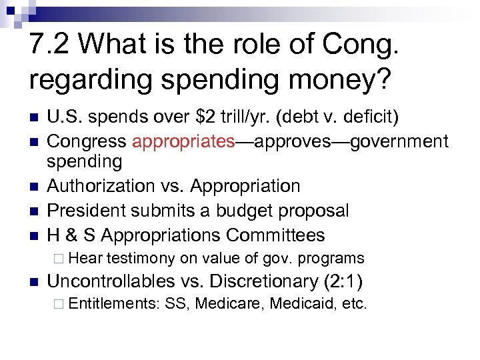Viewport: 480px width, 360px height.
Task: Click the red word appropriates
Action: pyautogui.click(x=184, y=141)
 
